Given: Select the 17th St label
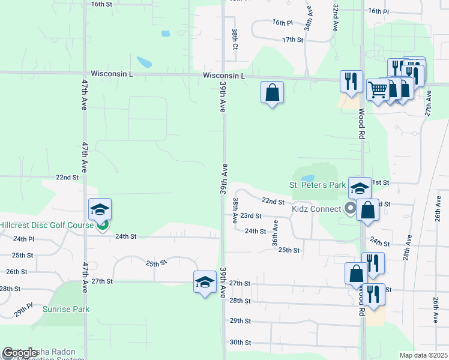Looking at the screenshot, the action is (293, 40).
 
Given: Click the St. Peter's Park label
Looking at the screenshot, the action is (317, 185).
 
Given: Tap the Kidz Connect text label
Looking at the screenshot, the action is (316, 209).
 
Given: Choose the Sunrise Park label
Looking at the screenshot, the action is (66, 309).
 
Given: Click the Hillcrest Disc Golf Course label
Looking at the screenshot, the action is (46, 225).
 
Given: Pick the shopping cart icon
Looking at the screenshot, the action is (377, 91).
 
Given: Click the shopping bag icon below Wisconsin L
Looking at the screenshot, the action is (272, 92).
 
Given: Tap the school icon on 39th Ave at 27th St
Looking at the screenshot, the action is (204, 281).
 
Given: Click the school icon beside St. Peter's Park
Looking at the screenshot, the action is (359, 188).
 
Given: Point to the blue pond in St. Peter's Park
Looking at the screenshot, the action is (307, 178).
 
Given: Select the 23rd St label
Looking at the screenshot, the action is (250, 215).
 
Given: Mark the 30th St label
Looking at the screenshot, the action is (240, 343).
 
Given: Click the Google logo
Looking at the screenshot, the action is (20, 353).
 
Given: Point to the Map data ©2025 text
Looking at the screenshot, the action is (423, 355).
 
